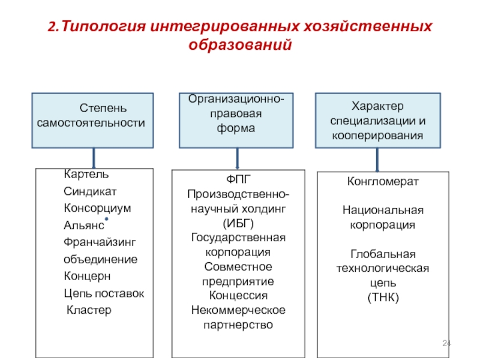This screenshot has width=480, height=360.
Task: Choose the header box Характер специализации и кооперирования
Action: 377,120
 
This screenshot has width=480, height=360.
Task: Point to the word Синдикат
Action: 90,191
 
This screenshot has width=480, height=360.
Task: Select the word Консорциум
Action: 97,208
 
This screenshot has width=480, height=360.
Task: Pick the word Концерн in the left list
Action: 87,277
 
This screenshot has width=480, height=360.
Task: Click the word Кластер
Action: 89,310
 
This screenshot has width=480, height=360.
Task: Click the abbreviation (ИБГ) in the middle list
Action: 239,223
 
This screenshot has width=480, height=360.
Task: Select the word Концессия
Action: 239,295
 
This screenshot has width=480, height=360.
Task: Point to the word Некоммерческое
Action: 239,310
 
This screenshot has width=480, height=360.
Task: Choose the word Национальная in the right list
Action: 383,211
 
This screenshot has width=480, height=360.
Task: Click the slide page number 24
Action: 446,343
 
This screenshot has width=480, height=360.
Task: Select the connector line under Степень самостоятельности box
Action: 94,158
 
